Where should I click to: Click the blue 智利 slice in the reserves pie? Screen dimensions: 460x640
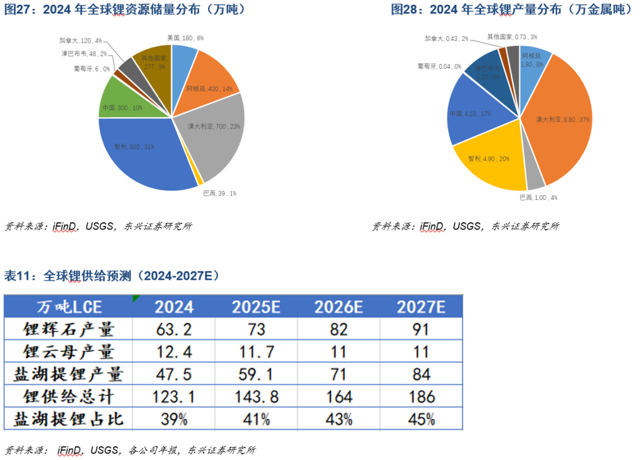pyautogui.click(x=139, y=157)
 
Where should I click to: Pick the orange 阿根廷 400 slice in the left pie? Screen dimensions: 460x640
pyautogui.click(x=207, y=83)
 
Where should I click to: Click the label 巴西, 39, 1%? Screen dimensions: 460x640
pyautogui.click(x=220, y=193)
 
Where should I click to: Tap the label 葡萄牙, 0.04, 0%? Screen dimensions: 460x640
pyautogui.click(x=439, y=66)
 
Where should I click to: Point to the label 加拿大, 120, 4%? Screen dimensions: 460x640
pyautogui.click(x=81, y=41)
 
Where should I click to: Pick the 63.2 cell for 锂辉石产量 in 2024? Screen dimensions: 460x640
pyautogui.click(x=174, y=329)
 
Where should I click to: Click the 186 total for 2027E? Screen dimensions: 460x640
pyautogui.click(x=421, y=397)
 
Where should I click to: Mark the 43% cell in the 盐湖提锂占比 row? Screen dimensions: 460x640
pyautogui.click(x=338, y=419)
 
